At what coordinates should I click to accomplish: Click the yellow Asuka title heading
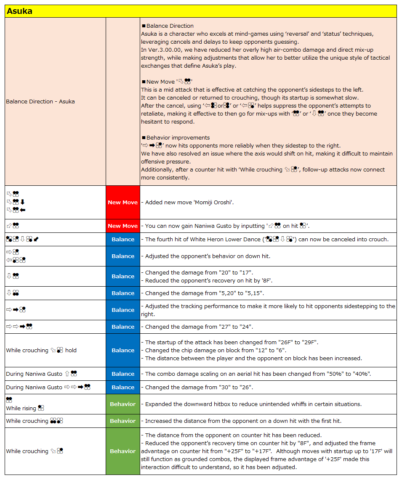19,11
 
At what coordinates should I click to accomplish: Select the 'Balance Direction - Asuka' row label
40,101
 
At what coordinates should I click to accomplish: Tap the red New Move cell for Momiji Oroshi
123,202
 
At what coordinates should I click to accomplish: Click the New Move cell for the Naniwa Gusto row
123,226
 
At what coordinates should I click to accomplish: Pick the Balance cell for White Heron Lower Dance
123,239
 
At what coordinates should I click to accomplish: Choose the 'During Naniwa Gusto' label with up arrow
41,374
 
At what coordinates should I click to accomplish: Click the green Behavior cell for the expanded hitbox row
123,404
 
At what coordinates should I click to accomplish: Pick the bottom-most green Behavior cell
123,451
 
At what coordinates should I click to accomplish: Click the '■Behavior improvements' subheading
176,137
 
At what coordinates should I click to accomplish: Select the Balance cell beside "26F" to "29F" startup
123,350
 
